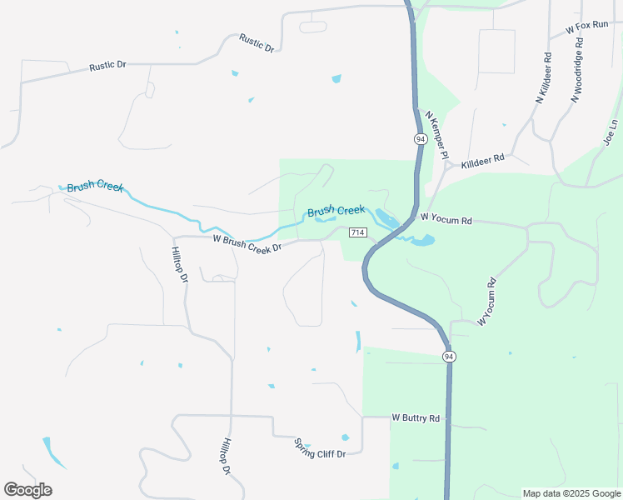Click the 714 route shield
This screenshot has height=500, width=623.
357,232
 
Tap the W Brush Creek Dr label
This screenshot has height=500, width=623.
247,242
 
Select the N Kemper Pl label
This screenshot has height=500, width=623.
436,135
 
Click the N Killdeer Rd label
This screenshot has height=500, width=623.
543,80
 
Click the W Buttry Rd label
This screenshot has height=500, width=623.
416,417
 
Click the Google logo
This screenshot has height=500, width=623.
27,490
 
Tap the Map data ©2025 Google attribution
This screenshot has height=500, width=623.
572,493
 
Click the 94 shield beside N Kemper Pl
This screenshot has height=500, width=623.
420,138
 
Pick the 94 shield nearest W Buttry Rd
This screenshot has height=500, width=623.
449,357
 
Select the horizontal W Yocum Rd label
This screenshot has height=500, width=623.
446,220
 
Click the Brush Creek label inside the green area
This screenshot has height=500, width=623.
336,211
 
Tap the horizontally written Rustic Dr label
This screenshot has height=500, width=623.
107,66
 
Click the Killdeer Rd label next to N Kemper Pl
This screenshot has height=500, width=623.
483,157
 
